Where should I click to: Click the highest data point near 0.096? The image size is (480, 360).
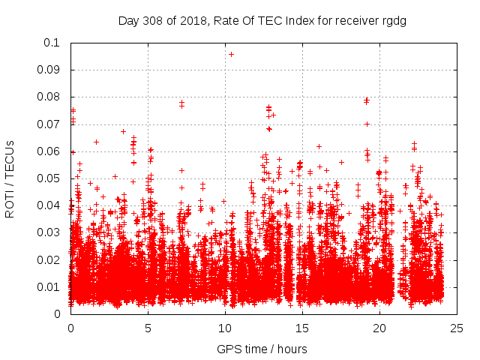pyautogui.click(x=231, y=54)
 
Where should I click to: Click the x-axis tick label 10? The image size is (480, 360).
pyautogui.click(x=224, y=328)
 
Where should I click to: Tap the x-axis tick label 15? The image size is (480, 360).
pyautogui.click(x=301, y=328)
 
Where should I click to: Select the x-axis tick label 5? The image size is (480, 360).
pyautogui.click(x=148, y=328)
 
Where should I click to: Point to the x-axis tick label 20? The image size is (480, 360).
pyautogui.click(x=379, y=328)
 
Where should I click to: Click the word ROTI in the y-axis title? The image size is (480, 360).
pyautogui.click(x=10, y=202)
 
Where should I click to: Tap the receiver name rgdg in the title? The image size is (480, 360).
pyautogui.click(x=393, y=20)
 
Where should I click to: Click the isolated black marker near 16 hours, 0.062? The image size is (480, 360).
pyautogui.click(x=319, y=146)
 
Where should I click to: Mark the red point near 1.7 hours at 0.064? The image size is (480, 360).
pyautogui.click(x=97, y=142)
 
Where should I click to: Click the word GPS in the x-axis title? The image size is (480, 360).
pyautogui.click(x=227, y=349)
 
